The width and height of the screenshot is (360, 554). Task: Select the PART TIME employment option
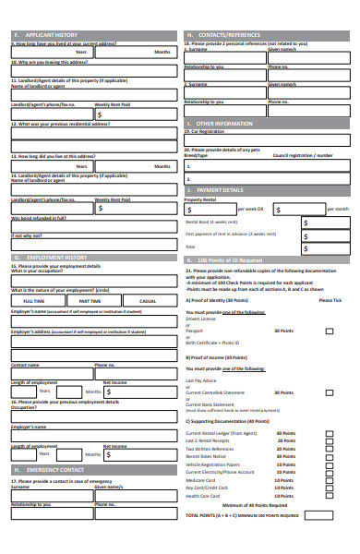click(x=90, y=301)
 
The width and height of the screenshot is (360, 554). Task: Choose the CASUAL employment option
click(x=147, y=301)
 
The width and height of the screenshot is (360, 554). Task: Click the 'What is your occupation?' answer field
click(x=91, y=279)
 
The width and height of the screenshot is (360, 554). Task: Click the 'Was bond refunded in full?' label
click(x=39, y=218)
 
